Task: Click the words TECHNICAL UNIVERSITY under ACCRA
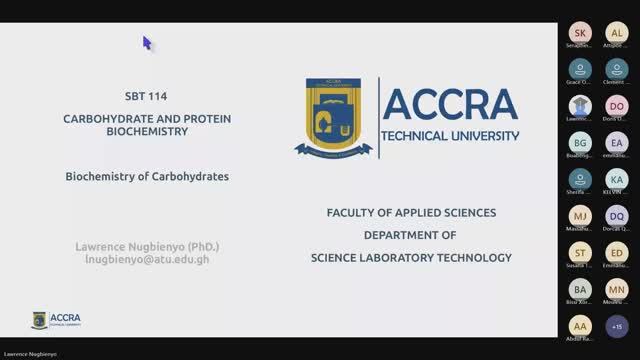451,135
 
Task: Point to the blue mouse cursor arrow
146,43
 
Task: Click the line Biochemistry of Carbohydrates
147,175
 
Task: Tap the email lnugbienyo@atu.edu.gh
146,260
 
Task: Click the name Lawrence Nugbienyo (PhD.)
146,246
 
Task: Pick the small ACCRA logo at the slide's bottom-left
56,320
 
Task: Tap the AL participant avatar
616,32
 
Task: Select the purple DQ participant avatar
616,216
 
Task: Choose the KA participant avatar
616,180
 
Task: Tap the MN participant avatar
616,289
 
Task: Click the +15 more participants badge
616,326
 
